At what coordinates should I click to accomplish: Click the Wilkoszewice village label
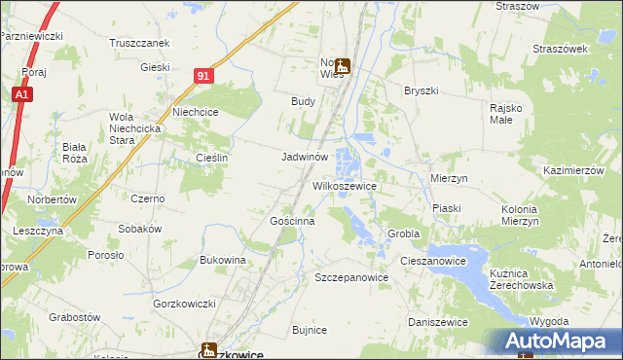click(344, 184)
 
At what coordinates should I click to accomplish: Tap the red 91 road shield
click(202, 74)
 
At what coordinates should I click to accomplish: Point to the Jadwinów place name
click(310, 156)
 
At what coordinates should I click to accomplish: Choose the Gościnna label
click(292, 221)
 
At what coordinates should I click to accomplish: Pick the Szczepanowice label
click(351, 277)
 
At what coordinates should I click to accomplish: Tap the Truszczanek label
click(140, 43)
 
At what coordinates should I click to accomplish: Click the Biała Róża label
click(75, 152)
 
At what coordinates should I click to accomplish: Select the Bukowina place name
click(222, 260)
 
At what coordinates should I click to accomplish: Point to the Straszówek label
click(559, 48)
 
